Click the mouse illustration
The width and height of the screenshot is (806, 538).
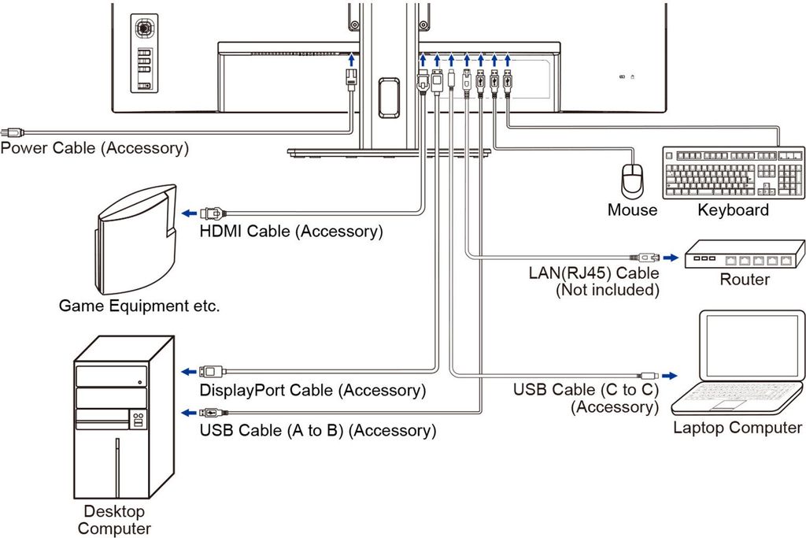tap(632, 180)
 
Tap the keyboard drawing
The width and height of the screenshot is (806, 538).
tap(734, 173)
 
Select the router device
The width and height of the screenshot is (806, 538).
tap(745, 254)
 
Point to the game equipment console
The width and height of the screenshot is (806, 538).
tap(136, 239)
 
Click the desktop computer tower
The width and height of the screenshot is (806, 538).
tap(124, 417)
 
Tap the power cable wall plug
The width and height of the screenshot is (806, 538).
tap(12, 132)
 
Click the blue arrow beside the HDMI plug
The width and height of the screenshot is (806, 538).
tap(189, 213)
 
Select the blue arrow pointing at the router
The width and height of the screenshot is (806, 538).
tap(671, 257)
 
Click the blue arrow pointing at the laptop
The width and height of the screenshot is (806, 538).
tap(670, 376)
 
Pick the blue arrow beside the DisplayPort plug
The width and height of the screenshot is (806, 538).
tap(189, 371)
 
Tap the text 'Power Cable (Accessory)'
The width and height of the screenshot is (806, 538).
tap(94, 148)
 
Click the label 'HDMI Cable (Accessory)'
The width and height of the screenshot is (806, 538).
tap(291, 232)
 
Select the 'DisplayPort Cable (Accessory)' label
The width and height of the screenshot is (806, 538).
tap(312, 391)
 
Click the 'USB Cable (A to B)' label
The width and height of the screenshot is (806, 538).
tap(272, 430)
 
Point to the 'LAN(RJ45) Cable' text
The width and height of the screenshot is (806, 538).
tap(593, 273)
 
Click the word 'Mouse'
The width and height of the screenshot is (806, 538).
tap(632, 210)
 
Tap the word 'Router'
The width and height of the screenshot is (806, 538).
tap(745, 280)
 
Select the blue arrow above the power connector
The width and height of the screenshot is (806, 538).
tap(352, 58)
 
